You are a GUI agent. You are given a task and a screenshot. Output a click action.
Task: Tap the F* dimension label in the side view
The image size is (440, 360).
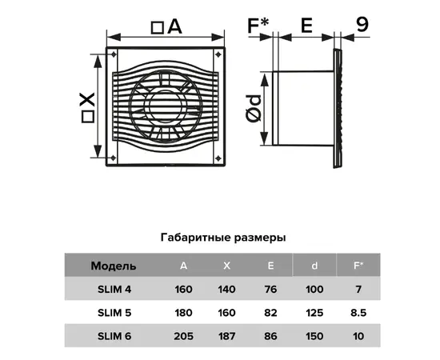click(x=258, y=26)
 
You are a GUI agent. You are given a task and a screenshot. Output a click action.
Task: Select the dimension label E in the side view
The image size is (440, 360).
click(x=306, y=26)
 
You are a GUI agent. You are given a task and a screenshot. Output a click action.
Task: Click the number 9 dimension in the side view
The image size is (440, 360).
click(x=362, y=25)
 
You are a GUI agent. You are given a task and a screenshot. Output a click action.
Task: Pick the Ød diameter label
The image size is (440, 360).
click(x=254, y=109)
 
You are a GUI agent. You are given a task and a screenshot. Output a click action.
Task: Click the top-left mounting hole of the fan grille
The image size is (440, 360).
click(x=114, y=54)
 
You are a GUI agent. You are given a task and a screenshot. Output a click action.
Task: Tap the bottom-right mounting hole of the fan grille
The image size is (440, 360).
click(x=218, y=158)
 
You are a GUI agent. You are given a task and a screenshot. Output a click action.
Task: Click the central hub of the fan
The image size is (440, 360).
click(x=166, y=106)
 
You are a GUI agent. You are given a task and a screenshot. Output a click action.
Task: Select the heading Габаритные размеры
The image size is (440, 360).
click(x=223, y=238)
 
